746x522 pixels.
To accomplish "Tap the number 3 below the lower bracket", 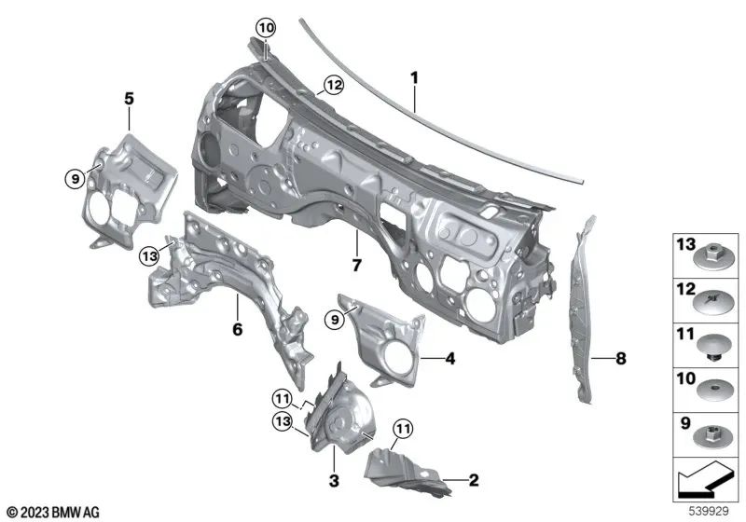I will tap(333, 481).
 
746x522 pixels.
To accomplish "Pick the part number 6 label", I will tap(237, 329).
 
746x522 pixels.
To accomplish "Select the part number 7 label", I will tap(355, 266).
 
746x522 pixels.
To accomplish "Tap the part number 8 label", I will tap(622, 357).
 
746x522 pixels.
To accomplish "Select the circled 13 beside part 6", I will tap(150, 256).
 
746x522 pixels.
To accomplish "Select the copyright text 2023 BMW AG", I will tap(52, 511).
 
